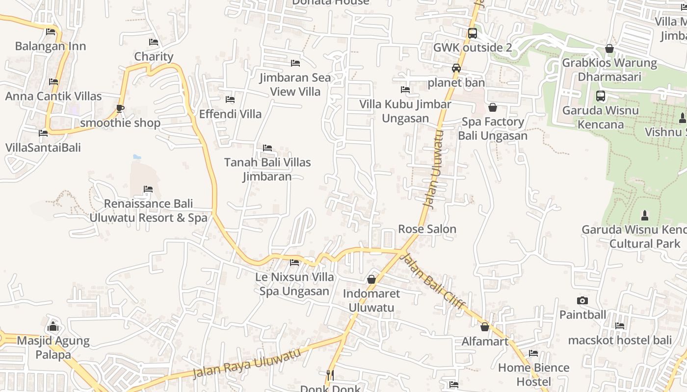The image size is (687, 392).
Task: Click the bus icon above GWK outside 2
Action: (472, 33)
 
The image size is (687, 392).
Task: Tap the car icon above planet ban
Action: (456, 68)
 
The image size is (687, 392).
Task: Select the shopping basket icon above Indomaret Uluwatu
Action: (371, 279)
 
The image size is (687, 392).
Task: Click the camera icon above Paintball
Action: (582, 300)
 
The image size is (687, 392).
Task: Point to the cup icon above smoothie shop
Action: (120, 108)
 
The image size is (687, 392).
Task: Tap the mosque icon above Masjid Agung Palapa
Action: (53, 326)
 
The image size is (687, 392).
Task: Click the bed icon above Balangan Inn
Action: (51, 32)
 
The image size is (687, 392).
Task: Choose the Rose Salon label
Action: (427, 229)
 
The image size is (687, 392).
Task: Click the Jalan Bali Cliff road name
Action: (433, 282)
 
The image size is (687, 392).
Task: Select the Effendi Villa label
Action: (230, 114)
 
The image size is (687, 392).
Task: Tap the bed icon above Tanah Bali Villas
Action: (267, 147)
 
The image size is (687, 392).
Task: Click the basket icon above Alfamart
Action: (485, 327)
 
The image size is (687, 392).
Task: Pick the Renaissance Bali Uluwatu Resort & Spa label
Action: (149, 211)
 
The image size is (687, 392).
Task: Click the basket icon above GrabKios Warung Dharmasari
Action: (609, 49)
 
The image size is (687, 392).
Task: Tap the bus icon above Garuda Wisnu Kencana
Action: (600, 96)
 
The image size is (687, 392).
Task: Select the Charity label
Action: (154, 56)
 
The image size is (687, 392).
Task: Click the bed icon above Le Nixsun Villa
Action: (294, 263)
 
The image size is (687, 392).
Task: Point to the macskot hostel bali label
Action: (620, 340)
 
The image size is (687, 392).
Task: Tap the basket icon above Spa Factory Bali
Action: (493, 107)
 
